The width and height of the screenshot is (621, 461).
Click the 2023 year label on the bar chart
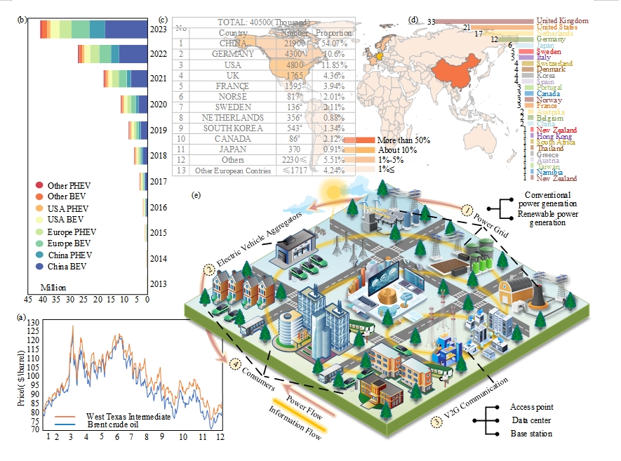click(159, 30)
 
